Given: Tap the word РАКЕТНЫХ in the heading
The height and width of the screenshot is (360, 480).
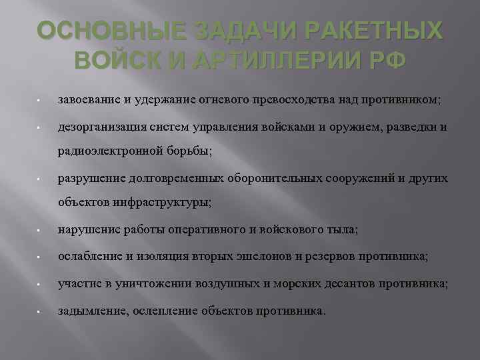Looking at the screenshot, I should tap(375, 31).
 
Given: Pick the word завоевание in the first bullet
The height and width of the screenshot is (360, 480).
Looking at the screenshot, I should tap(90, 100).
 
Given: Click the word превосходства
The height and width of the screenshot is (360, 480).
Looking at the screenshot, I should tap(287, 100).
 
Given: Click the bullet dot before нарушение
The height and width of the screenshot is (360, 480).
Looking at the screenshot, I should tap(41, 231).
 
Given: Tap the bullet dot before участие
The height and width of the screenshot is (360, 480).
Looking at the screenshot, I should tap(41, 284).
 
